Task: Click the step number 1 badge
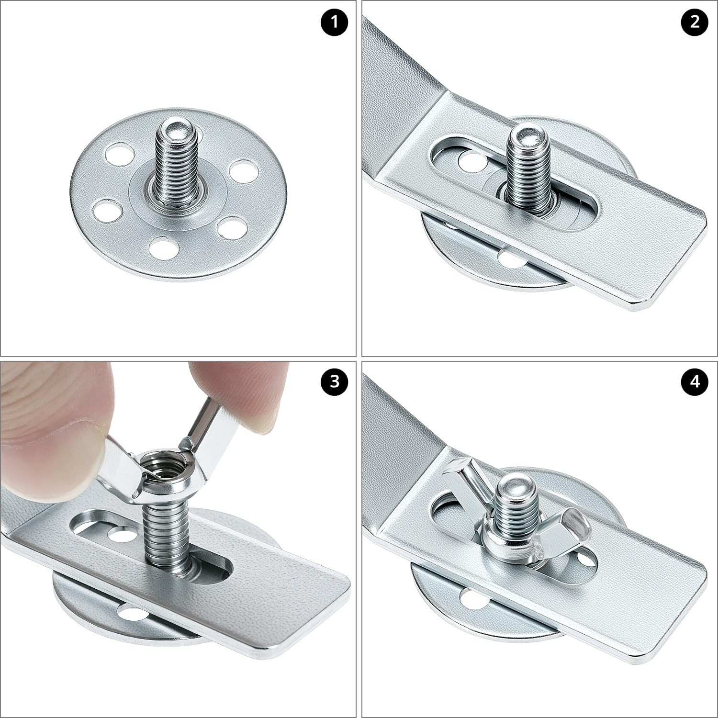(335, 22)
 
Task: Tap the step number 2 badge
(695, 22)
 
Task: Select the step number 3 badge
(335, 382)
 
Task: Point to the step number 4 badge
(695, 382)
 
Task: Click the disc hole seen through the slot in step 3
(120, 534)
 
